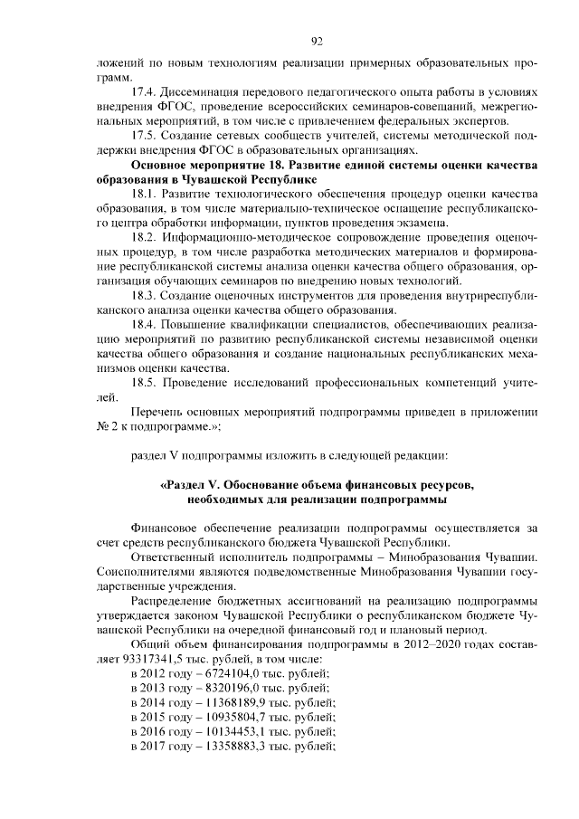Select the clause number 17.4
[x=146, y=94]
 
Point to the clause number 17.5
[x=146, y=137]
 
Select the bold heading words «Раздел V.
[x=197, y=485]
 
